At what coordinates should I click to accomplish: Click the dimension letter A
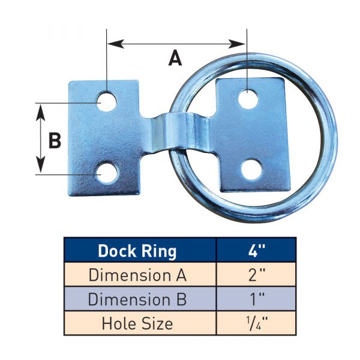pyautogui.click(x=175, y=58)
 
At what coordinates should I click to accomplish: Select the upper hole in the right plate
pyautogui.click(x=247, y=98)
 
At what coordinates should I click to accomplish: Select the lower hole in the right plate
pyautogui.click(x=250, y=170)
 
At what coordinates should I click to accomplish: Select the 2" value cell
pyautogui.click(x=256, y=275)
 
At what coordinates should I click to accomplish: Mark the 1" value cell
pyautogui.click(x=256, y=299)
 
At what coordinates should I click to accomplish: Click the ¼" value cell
pyautogui.click(x=256, y=323)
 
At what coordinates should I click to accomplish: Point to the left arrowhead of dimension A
pyautogui.click(x=111, y=44)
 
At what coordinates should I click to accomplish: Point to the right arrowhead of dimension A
pyautogui.click(x=241, y=44)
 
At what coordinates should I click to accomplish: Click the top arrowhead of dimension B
pyautogui.click(x=41, y=108)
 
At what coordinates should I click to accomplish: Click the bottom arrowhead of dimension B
pyautogui.click(x=41, y=169)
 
